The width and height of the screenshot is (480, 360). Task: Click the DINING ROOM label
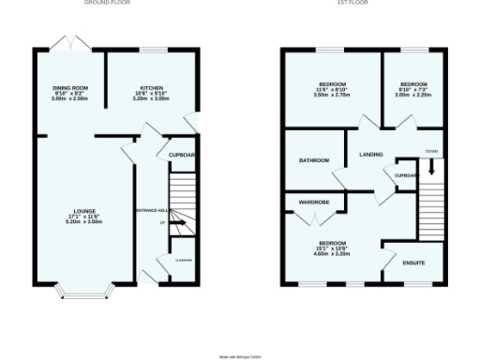coord(69,87)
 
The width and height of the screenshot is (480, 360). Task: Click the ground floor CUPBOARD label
coord(182,155)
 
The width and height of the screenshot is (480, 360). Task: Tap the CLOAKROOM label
coord(183,261)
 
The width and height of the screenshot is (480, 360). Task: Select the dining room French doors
coord(67,45)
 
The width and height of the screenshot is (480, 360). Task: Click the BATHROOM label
coord(313,160)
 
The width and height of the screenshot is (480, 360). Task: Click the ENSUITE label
coord(413,262)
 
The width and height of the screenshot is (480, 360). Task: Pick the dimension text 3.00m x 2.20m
coord(413,95)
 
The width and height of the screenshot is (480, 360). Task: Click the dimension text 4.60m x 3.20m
coord(331,253)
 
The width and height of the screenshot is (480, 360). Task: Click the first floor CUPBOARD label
coord(406,175)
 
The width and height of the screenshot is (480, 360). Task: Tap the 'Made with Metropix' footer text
coord(240,355)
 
